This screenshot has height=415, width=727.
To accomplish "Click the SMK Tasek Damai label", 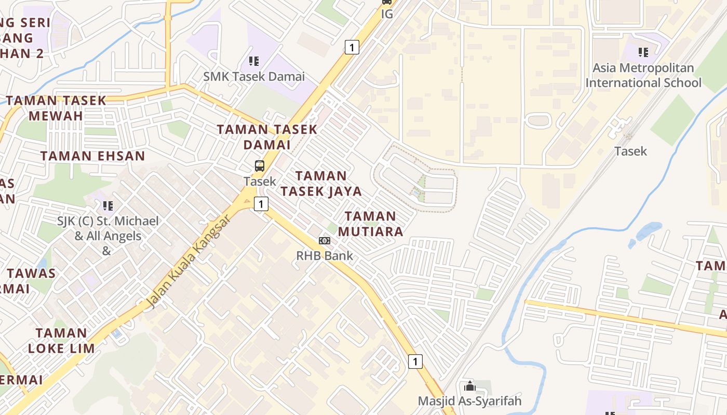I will point(254,76).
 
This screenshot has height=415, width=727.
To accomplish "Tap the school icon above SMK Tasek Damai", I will point(254,61).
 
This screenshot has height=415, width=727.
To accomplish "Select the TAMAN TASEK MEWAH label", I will point(56,108).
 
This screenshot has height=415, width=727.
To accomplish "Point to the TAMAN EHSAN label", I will point(92,156).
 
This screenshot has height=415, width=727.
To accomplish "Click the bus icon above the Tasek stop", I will point(260,166).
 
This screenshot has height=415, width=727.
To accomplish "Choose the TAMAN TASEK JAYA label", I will point(321,184).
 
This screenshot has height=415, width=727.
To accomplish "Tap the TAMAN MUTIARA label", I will point(370,224).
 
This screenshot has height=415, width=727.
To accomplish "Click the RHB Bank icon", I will point(325,241).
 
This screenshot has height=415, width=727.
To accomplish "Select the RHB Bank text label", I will point(325,255).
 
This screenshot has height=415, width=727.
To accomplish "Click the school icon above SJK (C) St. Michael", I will point(108,205).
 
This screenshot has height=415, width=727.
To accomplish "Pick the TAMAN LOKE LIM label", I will point(61,340).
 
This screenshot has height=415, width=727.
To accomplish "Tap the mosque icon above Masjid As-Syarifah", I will point(470,386).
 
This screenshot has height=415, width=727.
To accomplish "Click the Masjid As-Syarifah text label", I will point(470,401).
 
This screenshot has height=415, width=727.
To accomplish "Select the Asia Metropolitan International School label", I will point(643,75).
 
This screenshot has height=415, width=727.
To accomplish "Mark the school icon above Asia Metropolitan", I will point(643,52).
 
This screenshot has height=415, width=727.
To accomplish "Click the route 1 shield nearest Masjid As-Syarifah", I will point(415,361).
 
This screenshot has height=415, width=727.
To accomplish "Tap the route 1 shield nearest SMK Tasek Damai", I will point(352,48).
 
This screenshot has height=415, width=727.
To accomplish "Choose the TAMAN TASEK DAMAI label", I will point(266,137).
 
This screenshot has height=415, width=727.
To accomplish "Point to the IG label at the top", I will point(387,14).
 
